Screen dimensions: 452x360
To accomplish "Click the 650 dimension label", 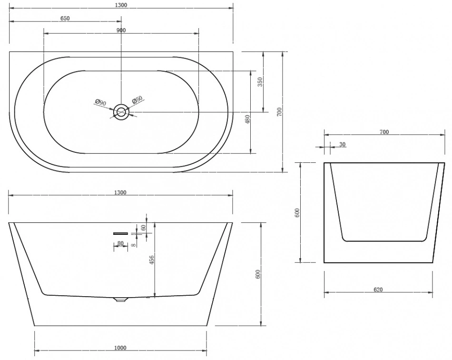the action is pos(65,18).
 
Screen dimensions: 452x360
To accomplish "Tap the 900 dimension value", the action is pos(121,30).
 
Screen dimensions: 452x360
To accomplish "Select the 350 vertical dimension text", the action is pos(260,82).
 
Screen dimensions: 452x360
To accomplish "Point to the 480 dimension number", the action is pos(247,120).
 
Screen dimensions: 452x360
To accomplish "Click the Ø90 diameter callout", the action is pos(100,102).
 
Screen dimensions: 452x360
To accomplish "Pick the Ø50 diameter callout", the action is pos(138,100).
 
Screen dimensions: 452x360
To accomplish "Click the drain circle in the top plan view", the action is pos(121,111).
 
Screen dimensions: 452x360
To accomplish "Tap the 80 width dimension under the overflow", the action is pos(120,243).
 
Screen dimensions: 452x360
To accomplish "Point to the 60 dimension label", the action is pos(144,227).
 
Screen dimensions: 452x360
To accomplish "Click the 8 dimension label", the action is pos(133,245).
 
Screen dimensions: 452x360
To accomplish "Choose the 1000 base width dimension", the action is pos(120,348).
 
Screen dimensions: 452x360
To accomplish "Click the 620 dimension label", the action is pos(378,290).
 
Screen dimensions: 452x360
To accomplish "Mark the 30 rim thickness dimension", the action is pos(343,144).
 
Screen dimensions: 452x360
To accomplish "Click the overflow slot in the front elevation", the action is pos(120,233).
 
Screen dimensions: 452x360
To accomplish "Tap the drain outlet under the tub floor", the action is pos(121,300).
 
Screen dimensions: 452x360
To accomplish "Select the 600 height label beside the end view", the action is pos(297,212).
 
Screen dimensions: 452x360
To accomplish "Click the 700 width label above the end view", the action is pos(384,132).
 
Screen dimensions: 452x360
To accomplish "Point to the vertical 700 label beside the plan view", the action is pos(279,112).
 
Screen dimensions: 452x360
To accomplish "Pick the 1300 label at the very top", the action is pos(121,5).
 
